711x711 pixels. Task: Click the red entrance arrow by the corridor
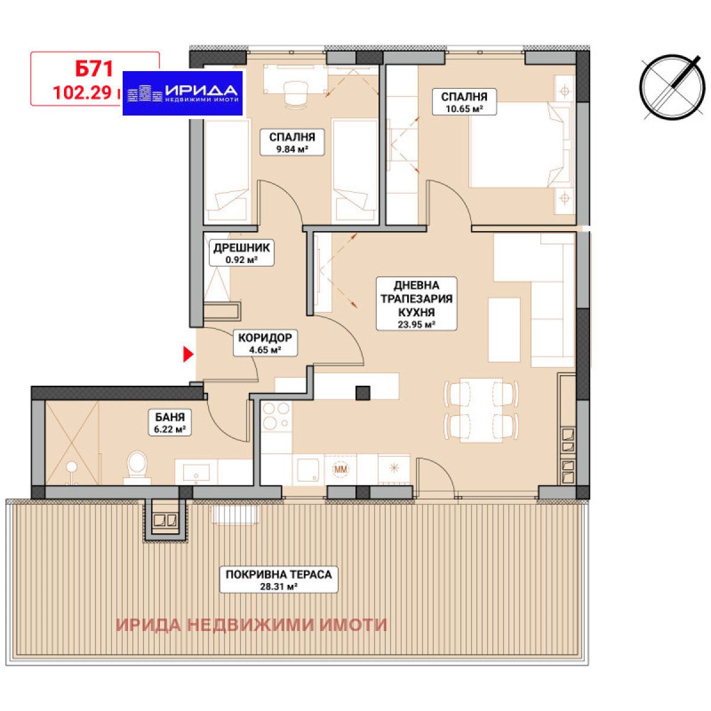(188, 354)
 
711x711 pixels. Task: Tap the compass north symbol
(672, 87)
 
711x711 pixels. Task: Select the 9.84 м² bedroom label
(292, 143)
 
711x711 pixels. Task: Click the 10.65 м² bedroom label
(463, 102)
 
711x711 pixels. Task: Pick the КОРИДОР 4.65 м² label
(265, 343)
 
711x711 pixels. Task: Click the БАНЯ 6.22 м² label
(170, 422)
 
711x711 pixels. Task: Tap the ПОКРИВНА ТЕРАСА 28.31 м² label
(278, 579)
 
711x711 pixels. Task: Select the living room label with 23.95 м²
(417, 303)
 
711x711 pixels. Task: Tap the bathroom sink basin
(196, 472)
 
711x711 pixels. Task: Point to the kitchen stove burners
(276, 416)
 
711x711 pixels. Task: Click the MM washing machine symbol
(341, 470)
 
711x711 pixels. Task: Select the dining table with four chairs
(481, 410)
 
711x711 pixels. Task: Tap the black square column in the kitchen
(363, 392)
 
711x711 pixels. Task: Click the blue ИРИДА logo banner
(183, 92)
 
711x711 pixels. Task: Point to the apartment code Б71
(94, 69)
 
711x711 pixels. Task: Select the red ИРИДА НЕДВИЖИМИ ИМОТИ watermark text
(251, 624)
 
